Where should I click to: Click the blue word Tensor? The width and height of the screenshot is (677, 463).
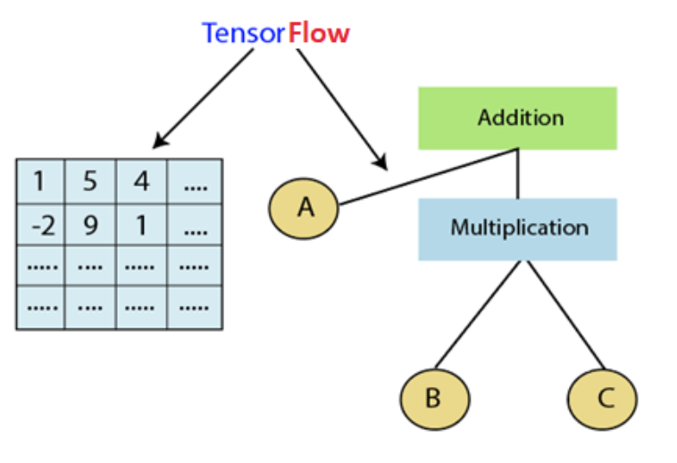243,33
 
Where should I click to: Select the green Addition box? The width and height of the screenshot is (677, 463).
517,118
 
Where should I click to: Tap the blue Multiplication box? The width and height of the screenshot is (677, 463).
517,228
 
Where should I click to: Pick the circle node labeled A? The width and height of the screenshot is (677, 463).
305,208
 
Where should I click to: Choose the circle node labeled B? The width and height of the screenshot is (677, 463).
433,398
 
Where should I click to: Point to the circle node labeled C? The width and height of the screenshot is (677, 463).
604,398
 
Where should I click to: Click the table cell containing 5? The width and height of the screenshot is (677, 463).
91,182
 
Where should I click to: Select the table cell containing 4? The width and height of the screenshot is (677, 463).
142,182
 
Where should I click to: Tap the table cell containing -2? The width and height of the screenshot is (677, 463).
40,225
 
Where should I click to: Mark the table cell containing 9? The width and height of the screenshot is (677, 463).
91,225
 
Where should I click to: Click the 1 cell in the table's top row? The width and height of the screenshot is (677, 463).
40,182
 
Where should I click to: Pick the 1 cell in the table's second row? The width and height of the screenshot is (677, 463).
142,225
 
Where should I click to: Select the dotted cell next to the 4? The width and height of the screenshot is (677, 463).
194,182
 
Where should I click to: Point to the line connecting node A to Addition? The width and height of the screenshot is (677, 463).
429,177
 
